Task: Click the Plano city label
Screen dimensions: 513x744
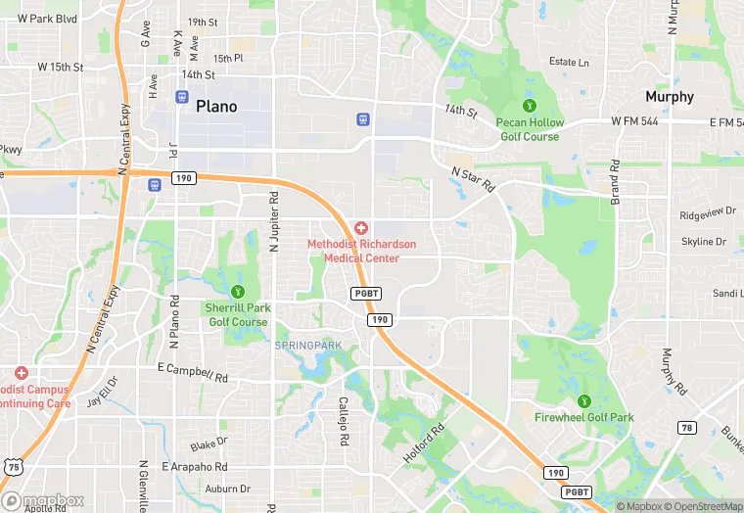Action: click(216, 107)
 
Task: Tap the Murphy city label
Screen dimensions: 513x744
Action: click(670, 97)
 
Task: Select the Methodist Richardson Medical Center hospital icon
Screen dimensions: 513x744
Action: click(361, 227)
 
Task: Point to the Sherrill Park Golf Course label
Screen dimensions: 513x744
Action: click(237, 314)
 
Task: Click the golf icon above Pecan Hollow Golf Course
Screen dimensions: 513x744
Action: click(530, 105)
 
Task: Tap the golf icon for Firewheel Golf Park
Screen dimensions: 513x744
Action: click(584, 400)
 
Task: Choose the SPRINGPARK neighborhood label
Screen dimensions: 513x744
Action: click(307, 346)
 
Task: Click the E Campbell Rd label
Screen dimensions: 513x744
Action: click(192, 372)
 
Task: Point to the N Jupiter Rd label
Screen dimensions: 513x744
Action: click(275, 223)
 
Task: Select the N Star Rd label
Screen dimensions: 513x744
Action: click(473, 180)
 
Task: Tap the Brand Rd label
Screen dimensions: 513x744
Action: click(616, 181)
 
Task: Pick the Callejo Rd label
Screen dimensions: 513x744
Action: click(344, 421)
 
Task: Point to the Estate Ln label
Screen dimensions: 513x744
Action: click(569, 63)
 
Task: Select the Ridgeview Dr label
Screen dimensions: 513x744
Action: click(707, 213)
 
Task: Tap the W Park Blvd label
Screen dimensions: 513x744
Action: click(40, 19)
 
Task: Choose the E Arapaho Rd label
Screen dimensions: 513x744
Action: click(195, 467)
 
